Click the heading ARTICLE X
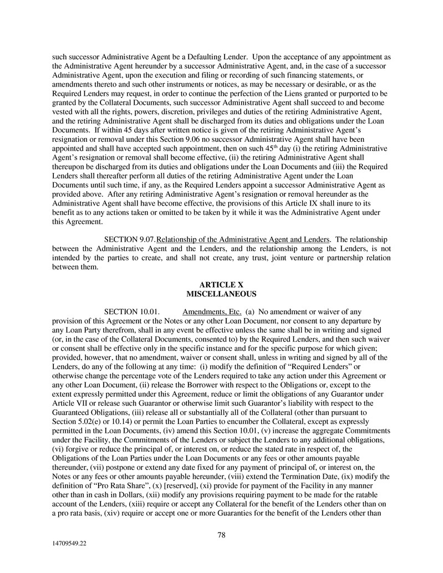click(x=221, y=285)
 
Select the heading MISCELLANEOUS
click(x=221, y=294)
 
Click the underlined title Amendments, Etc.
click(x=212, y=311)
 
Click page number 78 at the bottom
click(x=221, y=535)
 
